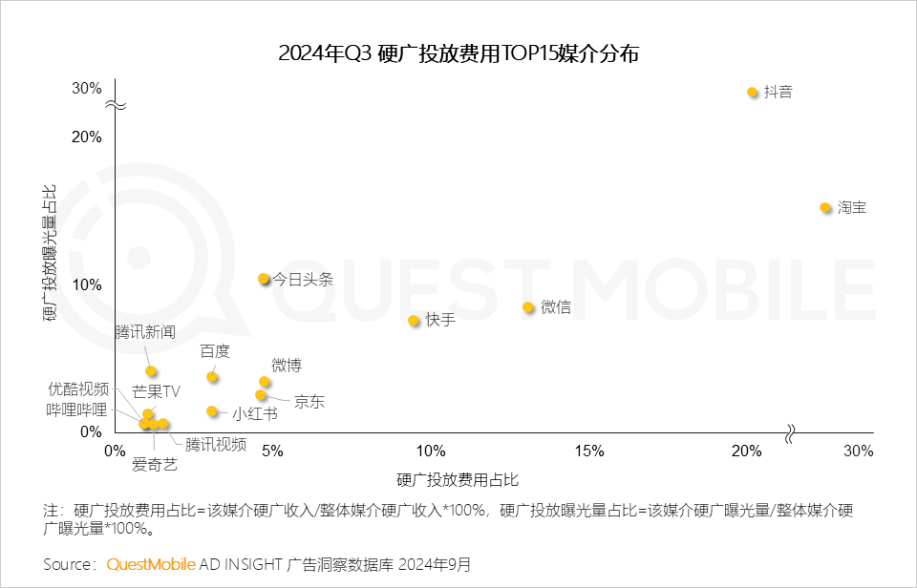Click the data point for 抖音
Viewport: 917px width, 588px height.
coord(753,93)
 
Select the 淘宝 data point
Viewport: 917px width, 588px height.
coord(825,208)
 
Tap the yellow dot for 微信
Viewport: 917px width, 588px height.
coord(528,307)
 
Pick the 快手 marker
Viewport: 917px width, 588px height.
coord(414,321)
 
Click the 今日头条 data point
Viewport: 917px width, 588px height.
coord(264,279)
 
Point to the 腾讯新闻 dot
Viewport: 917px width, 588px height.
coord(151,371)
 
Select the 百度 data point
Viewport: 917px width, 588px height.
coord(212,377)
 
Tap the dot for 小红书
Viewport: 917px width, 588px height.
coord(212,411)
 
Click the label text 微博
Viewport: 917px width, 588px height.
coord(287,365)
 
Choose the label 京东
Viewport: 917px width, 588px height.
coord(309,402)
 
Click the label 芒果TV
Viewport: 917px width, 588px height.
coord(156,391)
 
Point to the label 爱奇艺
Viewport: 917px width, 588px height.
coord(154,465)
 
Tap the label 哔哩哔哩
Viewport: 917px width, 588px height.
coord(77,409)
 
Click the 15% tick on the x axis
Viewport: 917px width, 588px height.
coord(589,451)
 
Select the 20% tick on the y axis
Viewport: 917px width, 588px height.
coord(86,136)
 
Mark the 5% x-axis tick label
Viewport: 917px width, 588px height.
coord(273,451)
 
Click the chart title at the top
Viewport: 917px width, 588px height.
coord(458,53)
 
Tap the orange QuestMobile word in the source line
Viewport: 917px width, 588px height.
coord(151,564)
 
